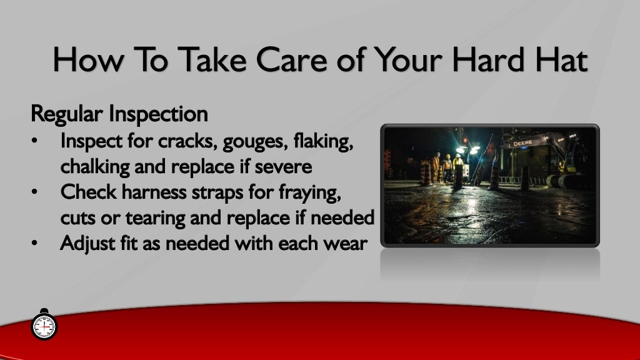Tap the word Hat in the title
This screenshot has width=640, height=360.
click(559, 60)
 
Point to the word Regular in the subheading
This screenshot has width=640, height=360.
click(67, 115)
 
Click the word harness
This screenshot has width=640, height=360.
click(151, 192)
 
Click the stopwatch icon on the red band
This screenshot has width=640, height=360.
click(44, 325)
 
